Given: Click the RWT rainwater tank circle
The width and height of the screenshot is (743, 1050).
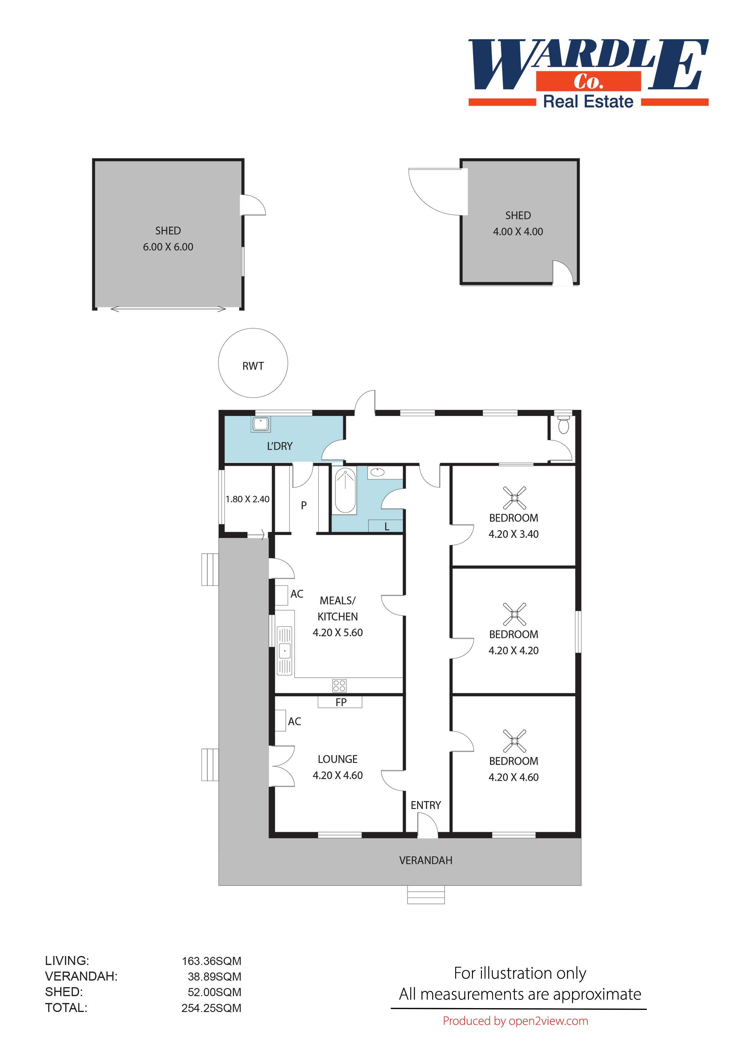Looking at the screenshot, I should click(253, 363).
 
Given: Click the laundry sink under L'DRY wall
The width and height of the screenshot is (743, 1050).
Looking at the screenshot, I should click(260, 424).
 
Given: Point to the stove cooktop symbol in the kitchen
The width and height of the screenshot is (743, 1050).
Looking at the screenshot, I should click(339, 685).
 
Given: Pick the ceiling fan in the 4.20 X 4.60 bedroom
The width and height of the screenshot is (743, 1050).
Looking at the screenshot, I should click(514, 741).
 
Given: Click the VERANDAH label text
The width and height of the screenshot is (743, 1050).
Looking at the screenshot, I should click(426, 861).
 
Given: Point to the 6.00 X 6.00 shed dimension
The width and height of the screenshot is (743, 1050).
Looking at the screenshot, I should click(168, 247).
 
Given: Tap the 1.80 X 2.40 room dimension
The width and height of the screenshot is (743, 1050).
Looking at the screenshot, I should click(247, 499).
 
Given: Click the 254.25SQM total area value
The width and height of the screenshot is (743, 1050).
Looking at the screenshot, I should click(211, 1008).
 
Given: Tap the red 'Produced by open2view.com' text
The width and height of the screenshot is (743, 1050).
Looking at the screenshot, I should click(515, 1021).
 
